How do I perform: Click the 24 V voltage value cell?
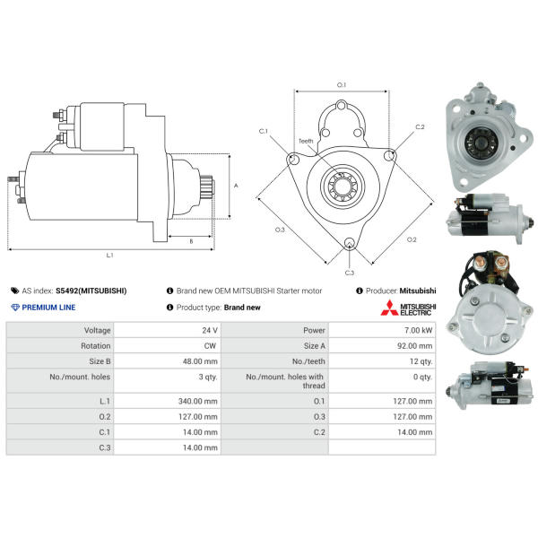pos(210,330)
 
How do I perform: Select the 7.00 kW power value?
pos(418,330)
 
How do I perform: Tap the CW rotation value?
pos(210,346)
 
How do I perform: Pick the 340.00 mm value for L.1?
pos(197,401)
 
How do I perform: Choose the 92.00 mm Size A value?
pos(414,346)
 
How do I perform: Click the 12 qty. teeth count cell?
pos(421,361)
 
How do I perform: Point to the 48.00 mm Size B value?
pos(200,361)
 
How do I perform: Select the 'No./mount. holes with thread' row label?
pos(285,381)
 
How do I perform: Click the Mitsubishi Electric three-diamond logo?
pos(389,308)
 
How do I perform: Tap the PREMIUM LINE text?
pos(48,308)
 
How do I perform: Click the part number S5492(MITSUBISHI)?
pos(91,291)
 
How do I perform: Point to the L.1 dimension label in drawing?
pos(109,255)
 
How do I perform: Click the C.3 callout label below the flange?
pos(350,273)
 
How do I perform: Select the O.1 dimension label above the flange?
pos(342,85)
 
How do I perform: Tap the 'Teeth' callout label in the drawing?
pos(306,141)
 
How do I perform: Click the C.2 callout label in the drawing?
pos(420,127)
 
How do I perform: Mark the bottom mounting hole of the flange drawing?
pos(349,243)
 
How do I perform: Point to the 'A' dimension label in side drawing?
pos(236,186)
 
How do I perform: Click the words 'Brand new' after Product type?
pos(242,308)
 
